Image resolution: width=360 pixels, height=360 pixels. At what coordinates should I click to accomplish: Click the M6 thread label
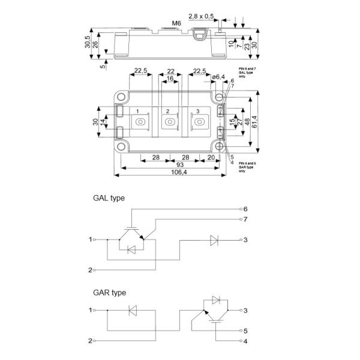(x=176, y=23)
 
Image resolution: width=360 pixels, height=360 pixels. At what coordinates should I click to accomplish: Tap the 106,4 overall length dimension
(x=172, y=173)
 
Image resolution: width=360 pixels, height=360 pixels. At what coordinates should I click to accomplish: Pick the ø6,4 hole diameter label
(x=220, y=76)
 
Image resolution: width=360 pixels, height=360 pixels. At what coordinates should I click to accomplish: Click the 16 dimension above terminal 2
(x=172, y=78)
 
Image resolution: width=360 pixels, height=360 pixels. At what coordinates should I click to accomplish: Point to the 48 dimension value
(x=248, y=121)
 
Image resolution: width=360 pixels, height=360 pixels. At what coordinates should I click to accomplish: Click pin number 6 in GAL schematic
(x=245, y=208)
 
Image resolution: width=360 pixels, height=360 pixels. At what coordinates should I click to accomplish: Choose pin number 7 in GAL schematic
(x=245, y=220)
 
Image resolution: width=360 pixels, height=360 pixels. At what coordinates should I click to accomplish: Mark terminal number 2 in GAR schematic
(x=90, y=341)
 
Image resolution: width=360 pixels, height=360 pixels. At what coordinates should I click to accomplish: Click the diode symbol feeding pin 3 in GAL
(x=214, y=239)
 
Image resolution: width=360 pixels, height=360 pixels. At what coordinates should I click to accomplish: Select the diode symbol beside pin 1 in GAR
(x=133, y=311)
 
